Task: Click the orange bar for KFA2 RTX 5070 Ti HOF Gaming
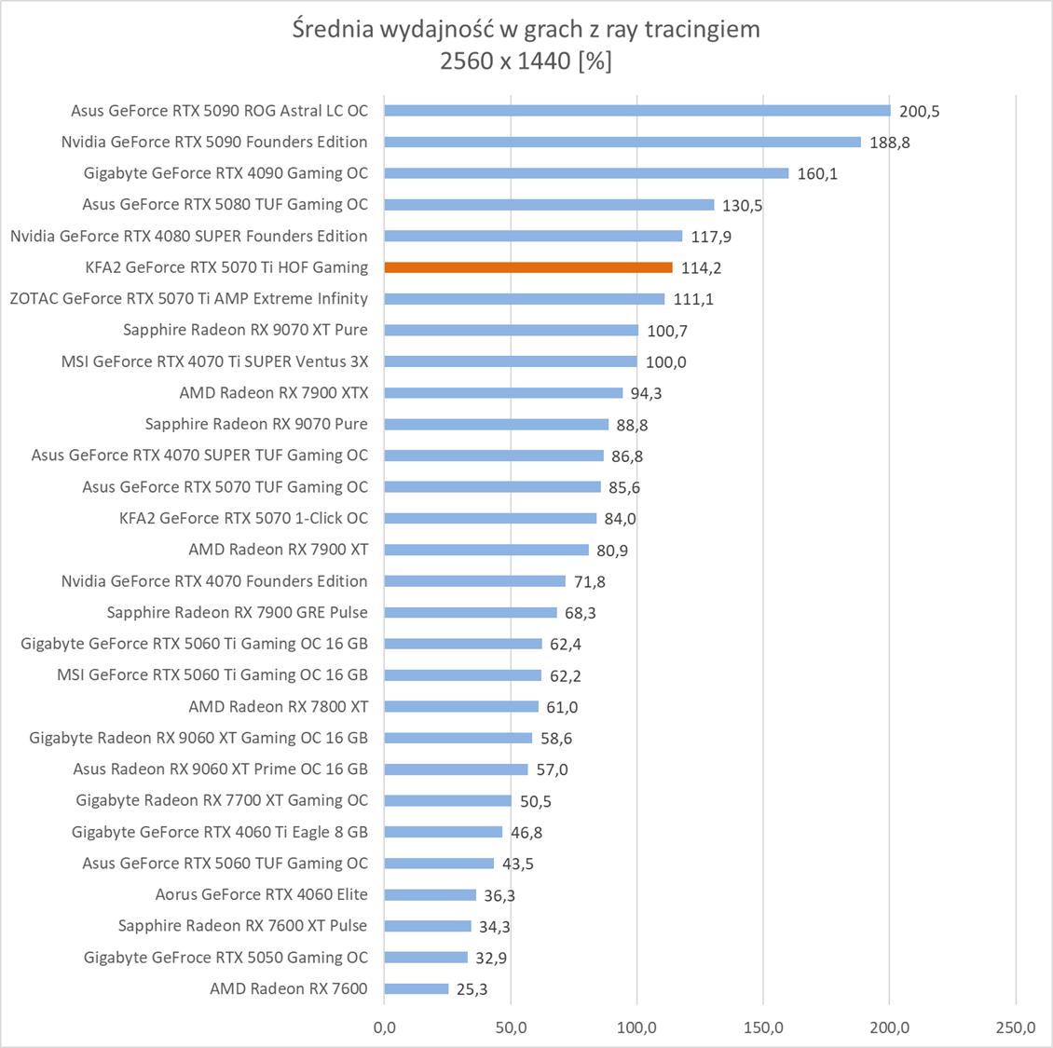[x=527, y=267]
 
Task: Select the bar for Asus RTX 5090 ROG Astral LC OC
[x=636, y=110]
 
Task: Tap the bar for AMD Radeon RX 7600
[x=416, y=988]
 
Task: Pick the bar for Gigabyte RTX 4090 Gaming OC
[x=586, y=173]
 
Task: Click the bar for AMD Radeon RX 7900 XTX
[x=503, y=393]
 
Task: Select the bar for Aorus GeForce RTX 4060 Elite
[x=430, y=894]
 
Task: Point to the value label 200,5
[x=920, y=112]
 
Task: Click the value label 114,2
[x=701, y=268]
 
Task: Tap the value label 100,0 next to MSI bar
[x=665, y=362]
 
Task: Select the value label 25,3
[x=472, y=989]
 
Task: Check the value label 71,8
[x=589, y=582]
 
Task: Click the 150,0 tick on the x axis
[x=763, y=1028]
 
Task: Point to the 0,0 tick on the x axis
[x=384, y=1028]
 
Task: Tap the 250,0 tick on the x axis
[x=1015, y=1028]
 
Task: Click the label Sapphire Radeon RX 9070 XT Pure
[x=245, y=330]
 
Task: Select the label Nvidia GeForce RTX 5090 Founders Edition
[x=214, y=142]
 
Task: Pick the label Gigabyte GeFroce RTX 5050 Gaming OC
[x=226, y=958]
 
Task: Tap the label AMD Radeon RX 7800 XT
[x=278, y=706]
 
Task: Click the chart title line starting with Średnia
[x=526, y=29]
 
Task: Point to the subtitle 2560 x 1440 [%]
[x=526, y=61]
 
